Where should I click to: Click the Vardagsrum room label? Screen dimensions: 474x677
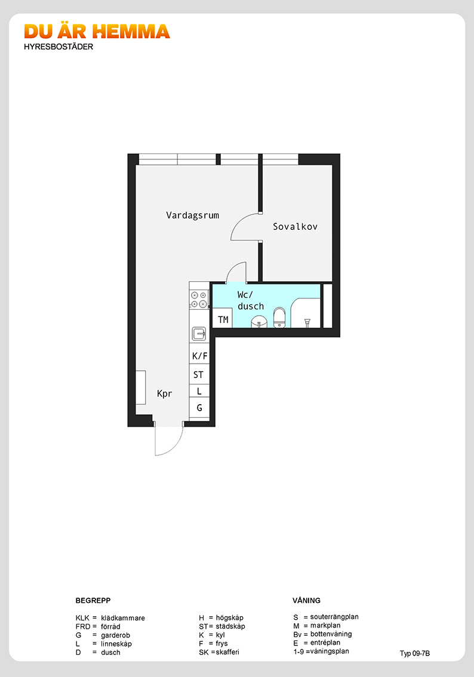pos(193,215)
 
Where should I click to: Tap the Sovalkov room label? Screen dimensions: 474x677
pos(296,226)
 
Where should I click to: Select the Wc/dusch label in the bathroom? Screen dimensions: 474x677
pos(250,300)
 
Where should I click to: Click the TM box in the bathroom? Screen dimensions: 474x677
pos(223,319)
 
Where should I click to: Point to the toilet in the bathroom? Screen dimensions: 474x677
pos(280,318)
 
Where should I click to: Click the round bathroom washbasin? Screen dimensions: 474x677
pos(259,322)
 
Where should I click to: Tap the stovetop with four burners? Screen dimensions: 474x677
pos(199,299)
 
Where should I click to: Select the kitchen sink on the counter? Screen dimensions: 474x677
pos(199,334)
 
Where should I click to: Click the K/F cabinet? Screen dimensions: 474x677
pos(199,356)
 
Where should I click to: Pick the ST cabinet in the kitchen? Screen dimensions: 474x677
pos(199,374)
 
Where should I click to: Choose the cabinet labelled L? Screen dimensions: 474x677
pos(199,391)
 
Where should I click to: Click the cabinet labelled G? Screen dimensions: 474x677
pos(199,408)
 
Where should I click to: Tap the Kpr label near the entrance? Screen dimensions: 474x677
pos(165,394)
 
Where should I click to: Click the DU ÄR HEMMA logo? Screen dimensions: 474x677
pos(97,32)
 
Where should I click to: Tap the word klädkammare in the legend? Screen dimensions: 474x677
pos(123,618)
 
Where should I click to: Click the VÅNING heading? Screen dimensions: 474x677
pos(306,601)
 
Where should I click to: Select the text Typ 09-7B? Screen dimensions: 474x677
pos(415,653)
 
